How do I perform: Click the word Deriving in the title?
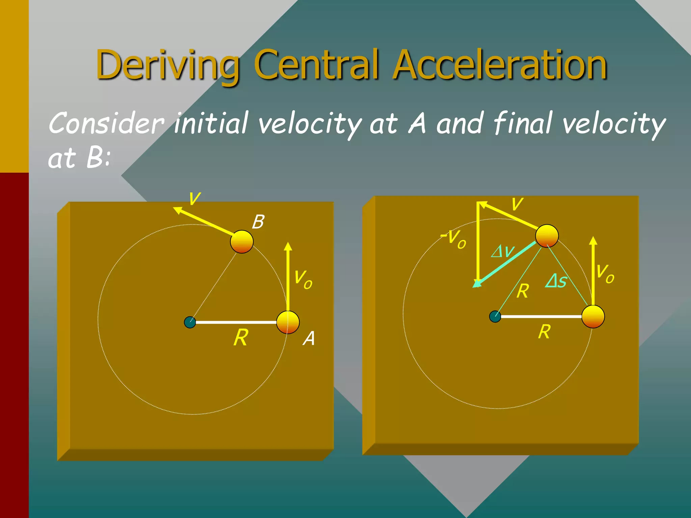pos(168,65)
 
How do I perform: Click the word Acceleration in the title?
pos(500,65)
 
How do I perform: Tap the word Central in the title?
pos(319,65)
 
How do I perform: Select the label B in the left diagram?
pos(258,222)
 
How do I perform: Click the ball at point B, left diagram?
pos(242,241)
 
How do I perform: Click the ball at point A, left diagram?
pos(288,322)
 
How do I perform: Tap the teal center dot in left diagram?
pos(190,322)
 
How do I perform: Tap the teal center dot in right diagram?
pos(495,316)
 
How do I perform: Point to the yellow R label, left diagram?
pos(241,338)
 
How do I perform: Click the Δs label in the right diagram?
pos(556,281)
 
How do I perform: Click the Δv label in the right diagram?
pos(503,251)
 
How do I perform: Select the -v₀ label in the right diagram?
pos(454,239)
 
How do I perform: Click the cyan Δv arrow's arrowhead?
pos(477,284)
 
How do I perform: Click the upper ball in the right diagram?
pos(547,236)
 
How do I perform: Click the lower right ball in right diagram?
pos(593,316)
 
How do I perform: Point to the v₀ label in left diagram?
pos(303,279)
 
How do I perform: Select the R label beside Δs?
pos(523,291)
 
